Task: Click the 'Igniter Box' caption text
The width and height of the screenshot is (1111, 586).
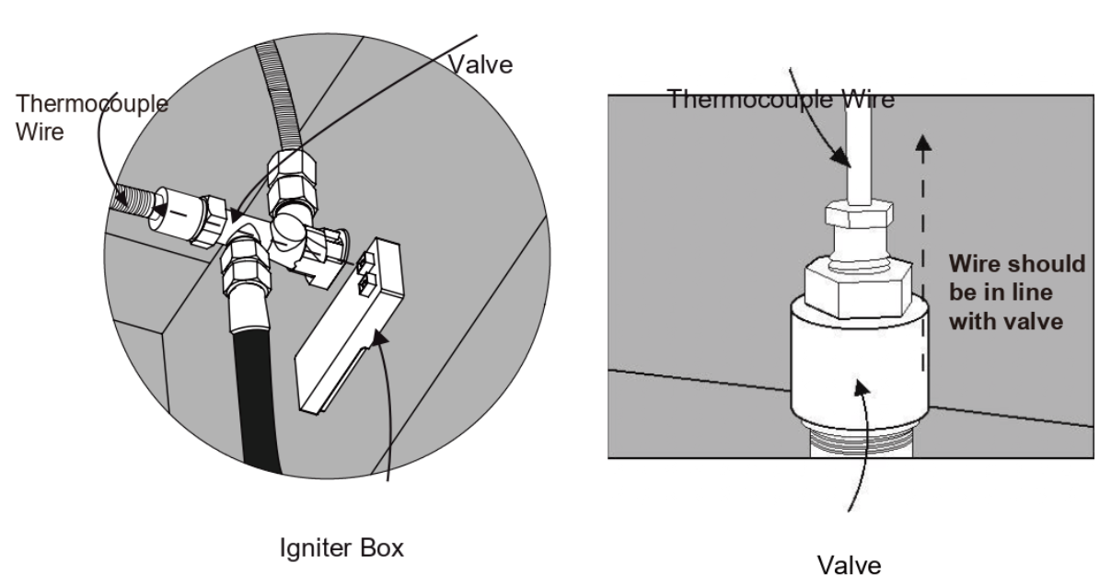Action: click(x=341, y=548)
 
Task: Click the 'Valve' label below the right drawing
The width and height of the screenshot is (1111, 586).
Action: click(x=849, y=566)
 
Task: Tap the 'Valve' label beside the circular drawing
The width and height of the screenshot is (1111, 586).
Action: click(x=480, y=65)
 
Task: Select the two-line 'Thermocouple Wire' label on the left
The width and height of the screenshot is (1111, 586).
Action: click(x=92, y=118)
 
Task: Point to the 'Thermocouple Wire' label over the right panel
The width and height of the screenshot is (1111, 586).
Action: click(x=781, y=99)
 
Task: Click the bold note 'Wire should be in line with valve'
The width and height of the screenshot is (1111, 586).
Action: click(x=1017, y=293)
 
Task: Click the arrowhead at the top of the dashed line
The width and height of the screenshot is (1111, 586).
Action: click(x=922, y=144)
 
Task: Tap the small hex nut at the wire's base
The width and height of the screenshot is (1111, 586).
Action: click(x=859, y=213)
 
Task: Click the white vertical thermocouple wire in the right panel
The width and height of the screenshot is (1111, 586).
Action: click(x=859, y=154)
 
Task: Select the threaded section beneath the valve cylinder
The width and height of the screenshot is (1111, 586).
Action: click(x=861, y=442)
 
